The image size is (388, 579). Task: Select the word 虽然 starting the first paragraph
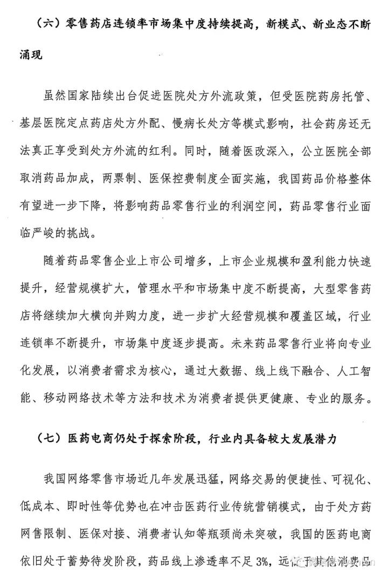pos(55,97)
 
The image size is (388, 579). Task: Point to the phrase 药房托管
pos(342,97)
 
